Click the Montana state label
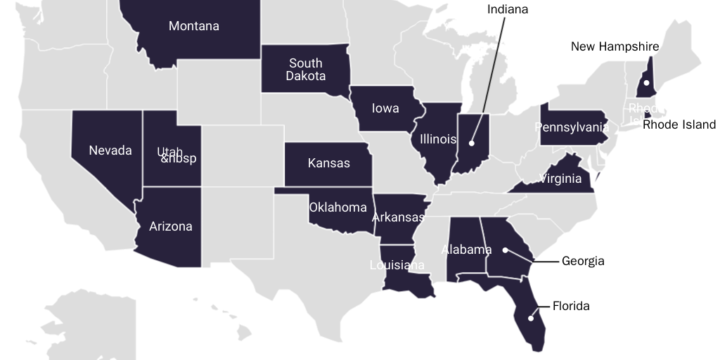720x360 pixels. (193, 26)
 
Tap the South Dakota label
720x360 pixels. (306, 70)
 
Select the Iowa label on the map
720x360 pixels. (385, 108)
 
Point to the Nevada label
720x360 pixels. (110, 150)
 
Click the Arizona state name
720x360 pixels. (170, 226)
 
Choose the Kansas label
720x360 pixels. (328, 163)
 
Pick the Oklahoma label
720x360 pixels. (337, 207)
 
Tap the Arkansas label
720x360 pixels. (398, 217)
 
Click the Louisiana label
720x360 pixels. (397, 265)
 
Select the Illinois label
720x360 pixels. (438, 139)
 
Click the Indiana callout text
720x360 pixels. (507, 9)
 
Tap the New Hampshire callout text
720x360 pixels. (615, 46)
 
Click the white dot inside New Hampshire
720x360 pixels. (646, 83)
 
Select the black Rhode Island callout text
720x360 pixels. (679, 124)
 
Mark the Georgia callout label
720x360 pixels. (583, 261)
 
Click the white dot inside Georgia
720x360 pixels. (505, 250)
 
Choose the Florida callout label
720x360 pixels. (571, 306)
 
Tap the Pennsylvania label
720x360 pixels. (571, 127)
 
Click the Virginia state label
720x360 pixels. (560, 179)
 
